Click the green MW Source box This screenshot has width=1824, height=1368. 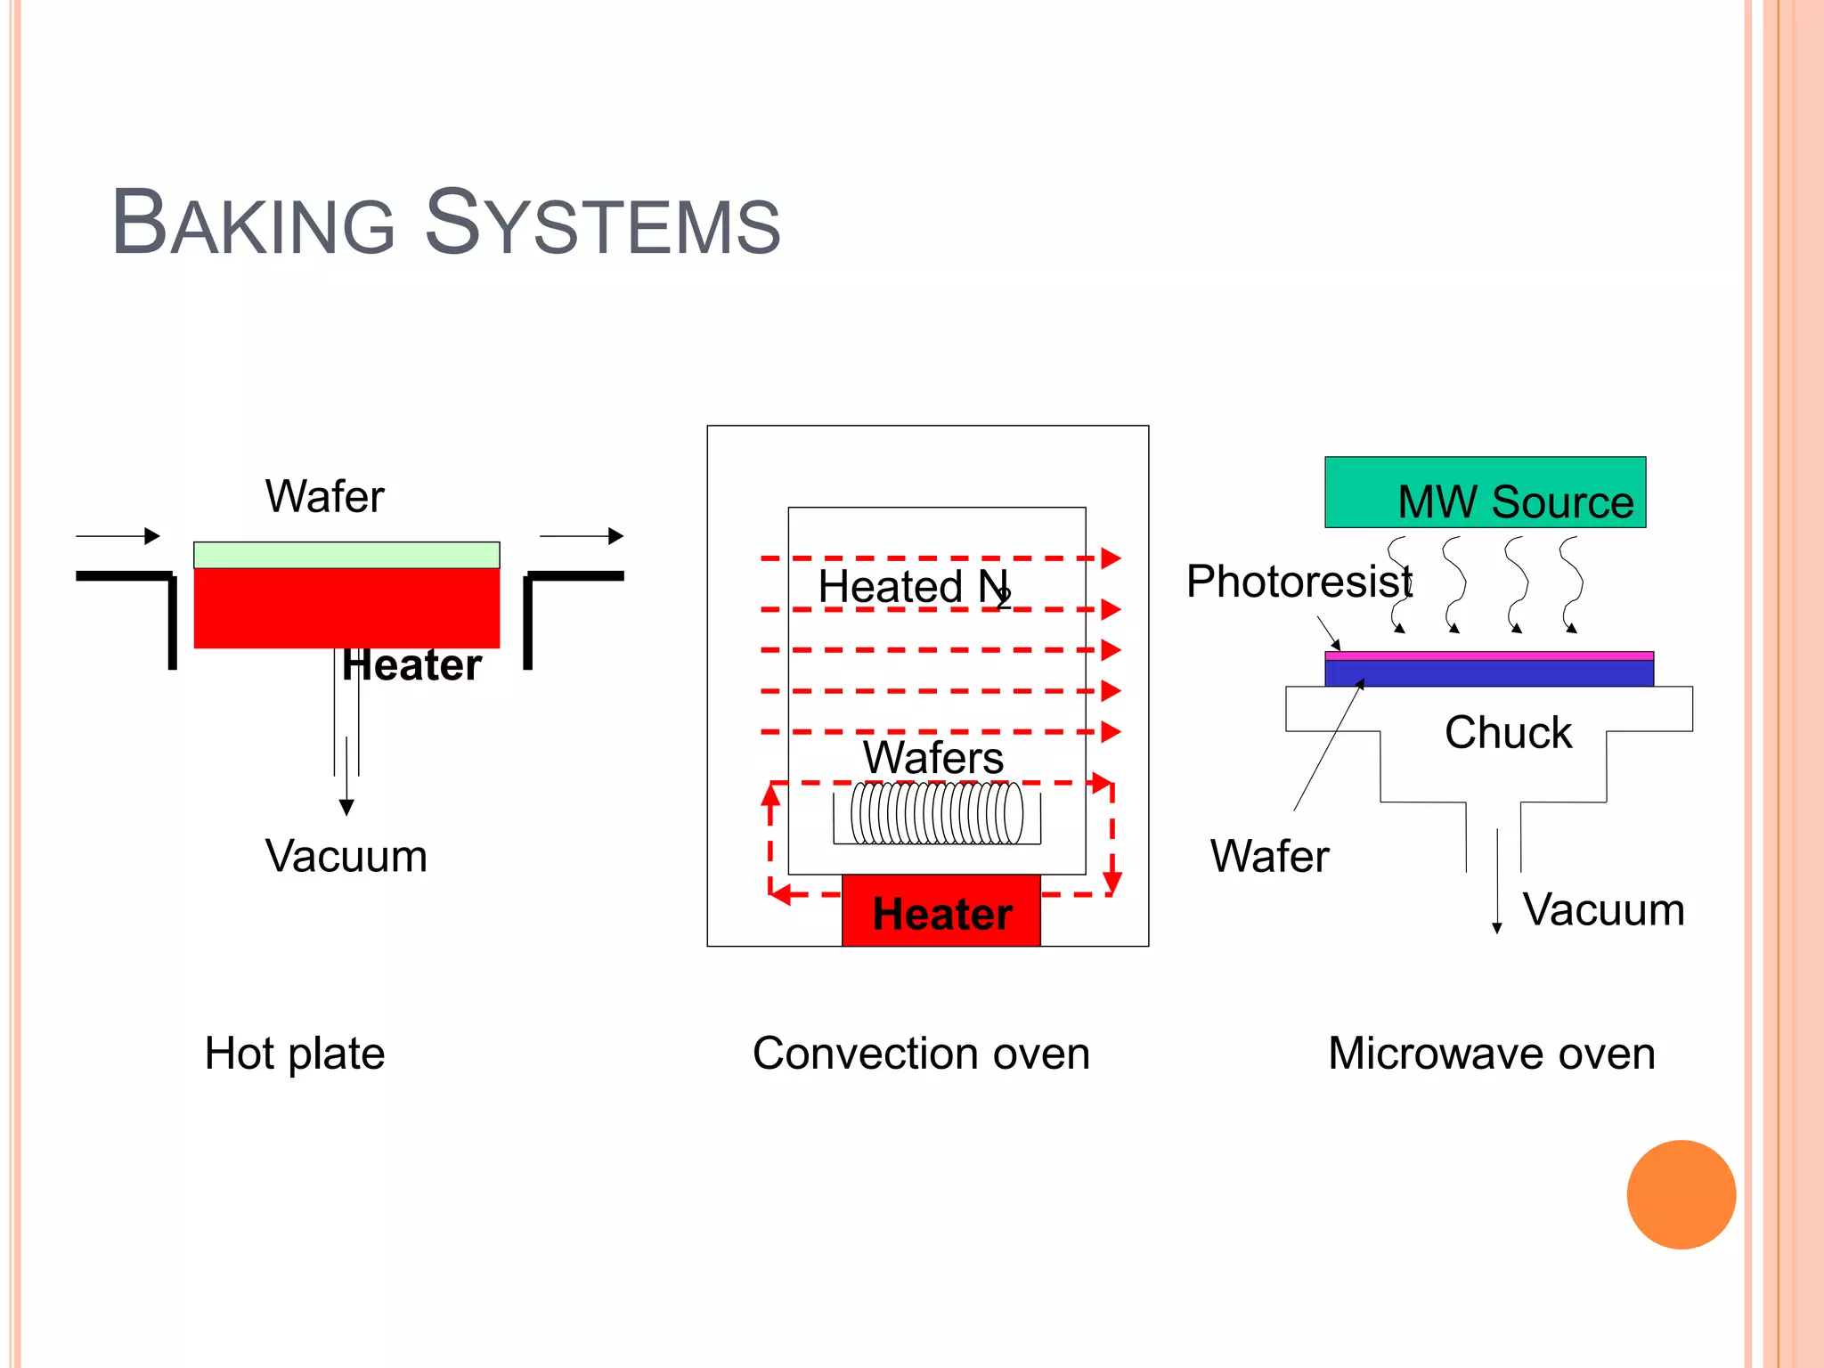1485,492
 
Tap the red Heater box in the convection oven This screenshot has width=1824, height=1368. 941,911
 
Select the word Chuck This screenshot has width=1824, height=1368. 1508,732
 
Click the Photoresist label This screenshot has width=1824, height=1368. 1299,582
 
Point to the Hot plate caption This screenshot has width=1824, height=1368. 295,1053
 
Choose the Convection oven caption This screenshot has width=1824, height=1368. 921,1053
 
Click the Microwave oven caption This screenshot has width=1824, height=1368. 1492,1053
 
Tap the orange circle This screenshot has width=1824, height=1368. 1681,1194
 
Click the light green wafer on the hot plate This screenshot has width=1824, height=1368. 346,555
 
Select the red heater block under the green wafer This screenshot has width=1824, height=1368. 346,607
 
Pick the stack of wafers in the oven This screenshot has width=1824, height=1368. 937,812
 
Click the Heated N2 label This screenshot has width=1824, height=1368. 914,588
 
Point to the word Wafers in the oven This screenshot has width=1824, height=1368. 933,757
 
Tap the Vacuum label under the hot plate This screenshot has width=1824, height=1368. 346,856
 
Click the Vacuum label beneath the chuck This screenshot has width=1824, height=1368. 1603,909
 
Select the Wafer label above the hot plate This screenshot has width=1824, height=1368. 325,496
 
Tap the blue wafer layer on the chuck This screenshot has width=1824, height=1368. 1489,673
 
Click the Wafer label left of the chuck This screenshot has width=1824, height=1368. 1269,856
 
